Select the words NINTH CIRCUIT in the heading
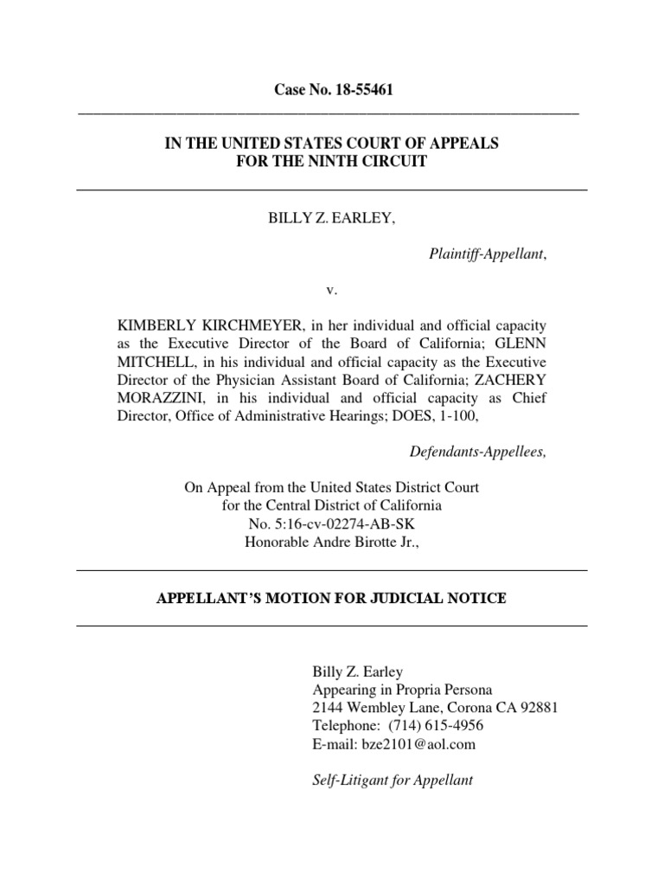367,163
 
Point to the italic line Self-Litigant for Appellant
392,780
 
